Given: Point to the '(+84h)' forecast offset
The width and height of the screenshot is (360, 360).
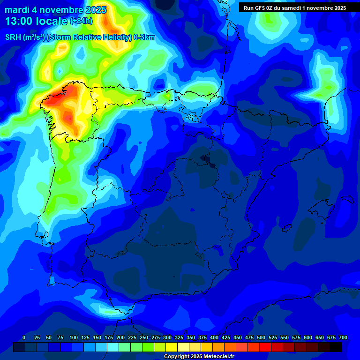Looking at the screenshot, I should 81,21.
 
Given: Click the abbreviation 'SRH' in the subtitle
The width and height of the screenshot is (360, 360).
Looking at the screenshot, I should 13,37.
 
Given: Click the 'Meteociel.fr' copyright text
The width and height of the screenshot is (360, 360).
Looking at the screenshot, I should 215,357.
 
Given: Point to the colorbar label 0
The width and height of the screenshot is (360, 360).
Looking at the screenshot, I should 24,338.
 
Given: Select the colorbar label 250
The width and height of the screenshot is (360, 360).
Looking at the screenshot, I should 144,338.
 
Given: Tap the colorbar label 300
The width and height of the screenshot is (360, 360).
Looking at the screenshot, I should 167,338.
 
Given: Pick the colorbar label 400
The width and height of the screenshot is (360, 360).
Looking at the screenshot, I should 214,338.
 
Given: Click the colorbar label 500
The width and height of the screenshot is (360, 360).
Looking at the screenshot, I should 261,338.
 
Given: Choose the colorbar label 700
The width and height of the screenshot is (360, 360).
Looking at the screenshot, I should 343,338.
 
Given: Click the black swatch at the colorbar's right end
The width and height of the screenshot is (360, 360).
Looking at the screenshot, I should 335,347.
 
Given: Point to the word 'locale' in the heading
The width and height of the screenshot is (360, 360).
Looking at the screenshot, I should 51,21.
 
